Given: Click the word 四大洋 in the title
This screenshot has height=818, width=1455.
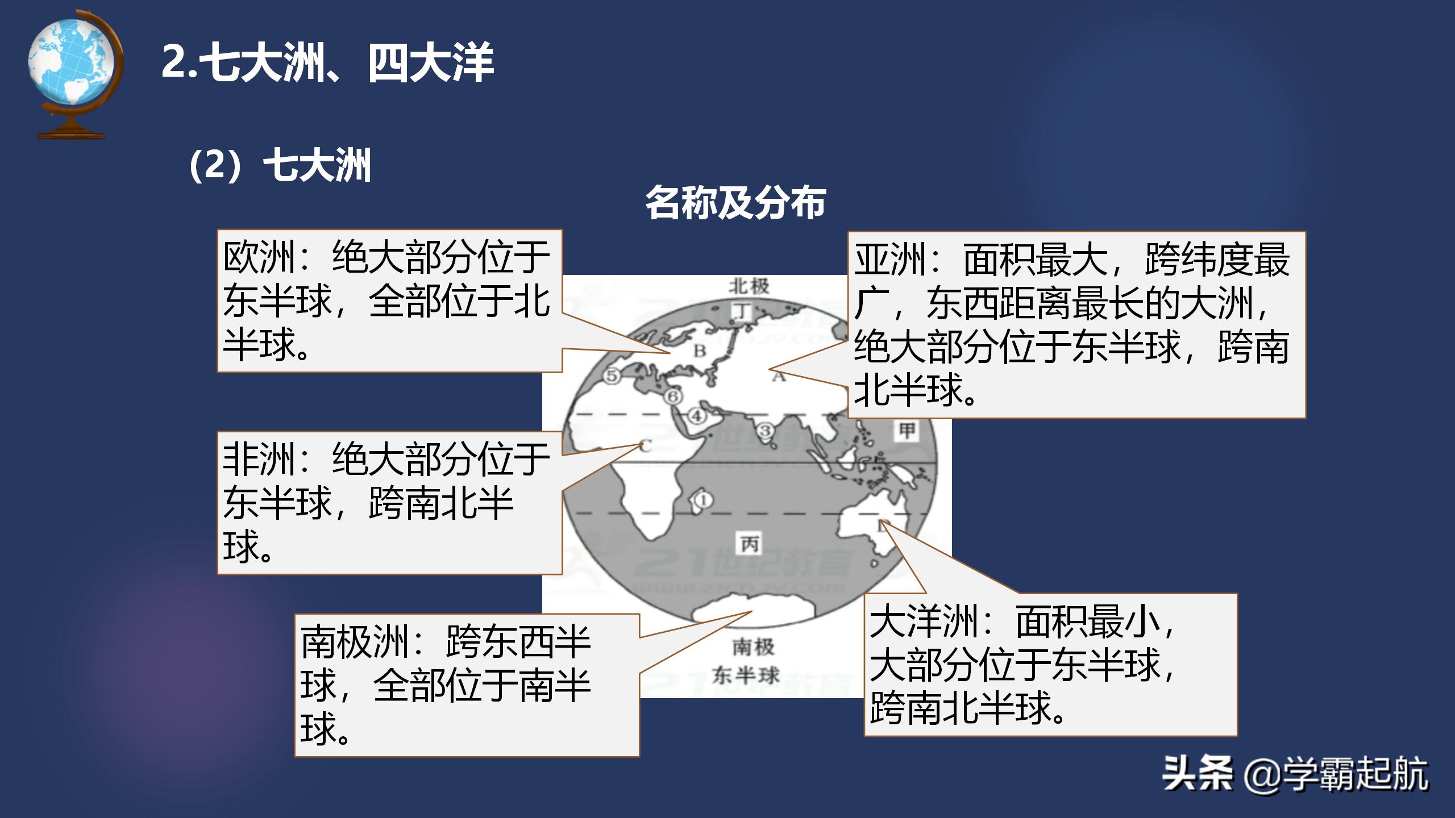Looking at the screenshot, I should pos(431,62).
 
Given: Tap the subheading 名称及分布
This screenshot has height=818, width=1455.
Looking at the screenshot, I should pos(735,202).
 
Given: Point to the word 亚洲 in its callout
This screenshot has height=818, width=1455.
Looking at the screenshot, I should pos(890,260).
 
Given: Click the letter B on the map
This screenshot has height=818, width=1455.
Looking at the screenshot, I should pos(700,350).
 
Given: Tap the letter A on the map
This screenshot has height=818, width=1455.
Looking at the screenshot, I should pos(778,375).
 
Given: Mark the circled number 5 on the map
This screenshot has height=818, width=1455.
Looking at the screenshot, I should pos(612,376).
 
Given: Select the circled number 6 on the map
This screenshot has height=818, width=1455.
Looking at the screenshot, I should pos(673,396).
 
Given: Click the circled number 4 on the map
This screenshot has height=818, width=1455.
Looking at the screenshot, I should pos(697,416).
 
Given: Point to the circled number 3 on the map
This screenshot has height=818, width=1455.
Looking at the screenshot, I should pos(765,431).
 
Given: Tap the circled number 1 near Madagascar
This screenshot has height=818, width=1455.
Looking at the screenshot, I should pos(704,500).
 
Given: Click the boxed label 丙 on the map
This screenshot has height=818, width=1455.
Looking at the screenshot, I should pos(750,544).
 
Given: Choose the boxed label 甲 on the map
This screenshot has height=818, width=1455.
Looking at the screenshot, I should pos(907,431).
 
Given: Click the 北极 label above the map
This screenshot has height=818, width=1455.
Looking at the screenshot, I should pos(749,286).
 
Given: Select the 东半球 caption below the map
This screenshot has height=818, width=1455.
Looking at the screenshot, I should pos(746,675).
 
